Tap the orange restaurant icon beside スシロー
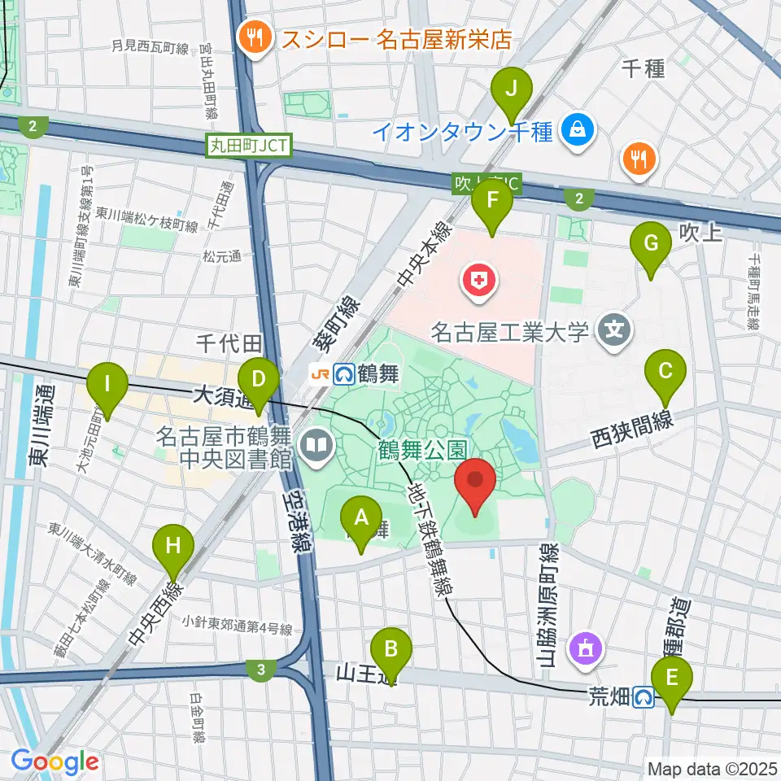click(x=255, y=37)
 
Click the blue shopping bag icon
click(x=578, y=130)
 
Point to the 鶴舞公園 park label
click(x=421, y=447)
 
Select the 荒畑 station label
click(x=609, y=696)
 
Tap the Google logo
click(x=55, y=761)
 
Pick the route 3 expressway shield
click(x=260, y=670)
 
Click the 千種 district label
click(x=643, y=68)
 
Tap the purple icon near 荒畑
click(x=587, y=648)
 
